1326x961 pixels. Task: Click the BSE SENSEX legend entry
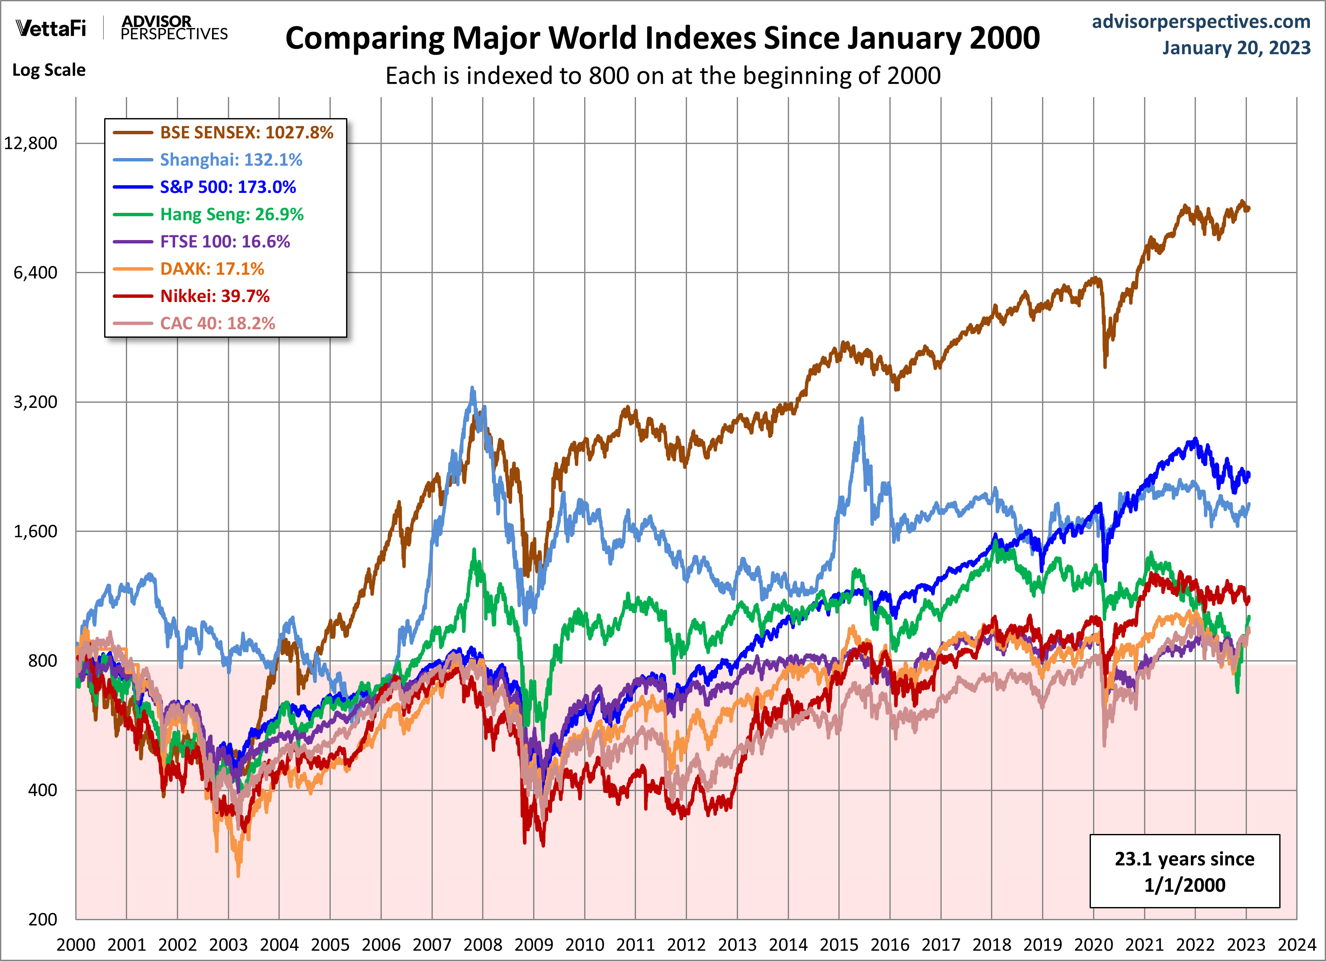click(x=246, y=133)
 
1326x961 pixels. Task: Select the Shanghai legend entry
click(x=231, y=159)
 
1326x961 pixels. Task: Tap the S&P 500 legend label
click(x=227, y=187)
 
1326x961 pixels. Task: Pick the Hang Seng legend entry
click(x=232, y=215)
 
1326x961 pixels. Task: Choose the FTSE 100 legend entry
click(x=224, y=241)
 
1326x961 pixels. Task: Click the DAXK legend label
click(x=212, y=269)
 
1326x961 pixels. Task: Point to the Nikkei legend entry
click(x=215, y=296)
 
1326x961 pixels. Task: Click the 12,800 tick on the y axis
click(x=31, y=143)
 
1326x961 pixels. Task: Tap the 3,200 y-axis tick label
click(x=35, y=402)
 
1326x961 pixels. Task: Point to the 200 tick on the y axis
click(x=43, y=919)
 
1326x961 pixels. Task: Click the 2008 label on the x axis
click(x=483, y=944)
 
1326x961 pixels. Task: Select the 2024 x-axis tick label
click(x=1297, y=944)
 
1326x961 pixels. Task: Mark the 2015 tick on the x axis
click(x=839, y=944)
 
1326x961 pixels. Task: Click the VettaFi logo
click(x=51, y=28)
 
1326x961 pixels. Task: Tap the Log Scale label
click(x=49, y=70)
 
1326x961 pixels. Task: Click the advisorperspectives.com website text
click(x=1201, y=22)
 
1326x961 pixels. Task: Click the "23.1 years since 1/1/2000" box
click(x=1184, y=871)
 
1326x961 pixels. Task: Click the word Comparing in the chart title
click(x=365, y=39)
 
